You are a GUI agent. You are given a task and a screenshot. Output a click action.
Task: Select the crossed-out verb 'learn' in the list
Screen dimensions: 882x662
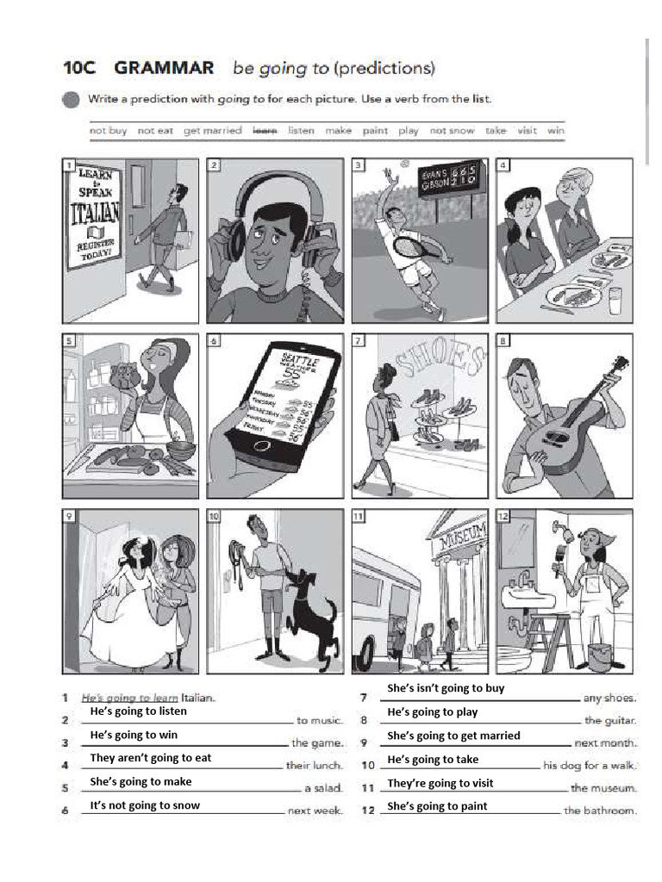tap(264, 131)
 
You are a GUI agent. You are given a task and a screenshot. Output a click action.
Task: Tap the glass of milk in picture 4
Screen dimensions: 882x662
tap(615, 301)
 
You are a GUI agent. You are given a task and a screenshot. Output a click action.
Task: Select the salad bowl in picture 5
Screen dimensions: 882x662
tap(179, 450)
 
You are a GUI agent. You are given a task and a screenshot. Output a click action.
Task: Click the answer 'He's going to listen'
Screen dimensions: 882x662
tap(138, 711)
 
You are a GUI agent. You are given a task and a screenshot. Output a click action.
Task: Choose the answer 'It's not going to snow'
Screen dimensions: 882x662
tap(145, 805)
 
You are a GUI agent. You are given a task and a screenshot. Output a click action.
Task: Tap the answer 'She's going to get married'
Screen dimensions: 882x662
tap(453, 736)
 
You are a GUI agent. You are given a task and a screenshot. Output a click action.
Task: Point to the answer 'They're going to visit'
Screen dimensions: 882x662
tap(440, 783)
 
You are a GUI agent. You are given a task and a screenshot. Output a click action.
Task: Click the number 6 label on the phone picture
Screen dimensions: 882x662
tap(215, 341)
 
